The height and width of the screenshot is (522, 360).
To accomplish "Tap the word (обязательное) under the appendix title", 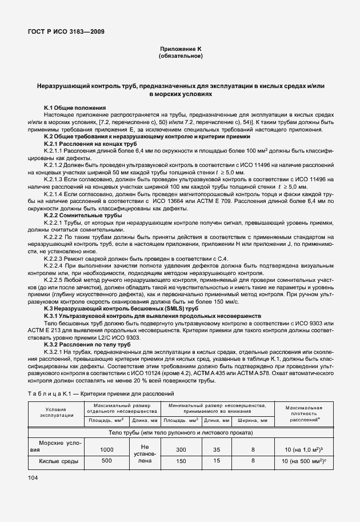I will pos(180,57).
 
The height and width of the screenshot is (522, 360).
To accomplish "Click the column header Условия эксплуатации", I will pos(57,413).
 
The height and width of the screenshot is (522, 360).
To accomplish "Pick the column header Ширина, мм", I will pos(253,420).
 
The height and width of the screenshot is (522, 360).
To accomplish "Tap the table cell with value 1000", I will pos(106,449).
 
